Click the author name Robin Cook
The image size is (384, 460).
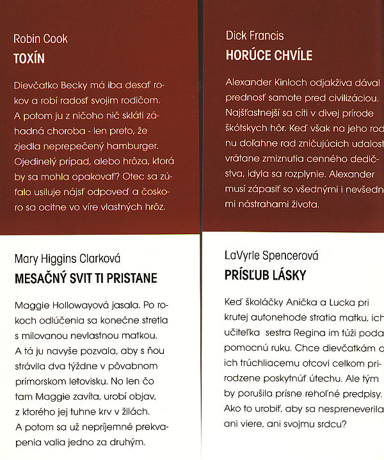(40, 39)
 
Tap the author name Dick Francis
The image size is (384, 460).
(255, 36)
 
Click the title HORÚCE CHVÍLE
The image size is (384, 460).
(269, 56)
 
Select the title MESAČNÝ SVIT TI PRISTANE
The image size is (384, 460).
(85, 279)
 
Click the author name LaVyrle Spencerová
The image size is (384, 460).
(272, 256)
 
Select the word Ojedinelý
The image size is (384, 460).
(38, 161)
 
